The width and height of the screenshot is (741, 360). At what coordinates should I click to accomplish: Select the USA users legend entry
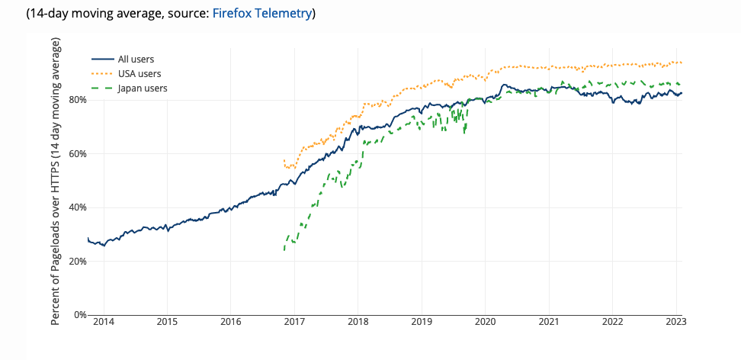(140, 74)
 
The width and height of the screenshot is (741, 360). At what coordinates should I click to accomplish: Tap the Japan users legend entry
(143, 88)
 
